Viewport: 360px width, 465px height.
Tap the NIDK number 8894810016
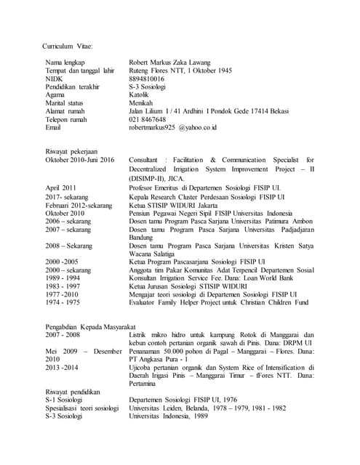click(146, 78)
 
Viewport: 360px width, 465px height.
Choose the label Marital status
click(63, 103)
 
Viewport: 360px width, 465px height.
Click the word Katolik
click(140, 94)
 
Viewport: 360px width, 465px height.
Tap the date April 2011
click(61, 187)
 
